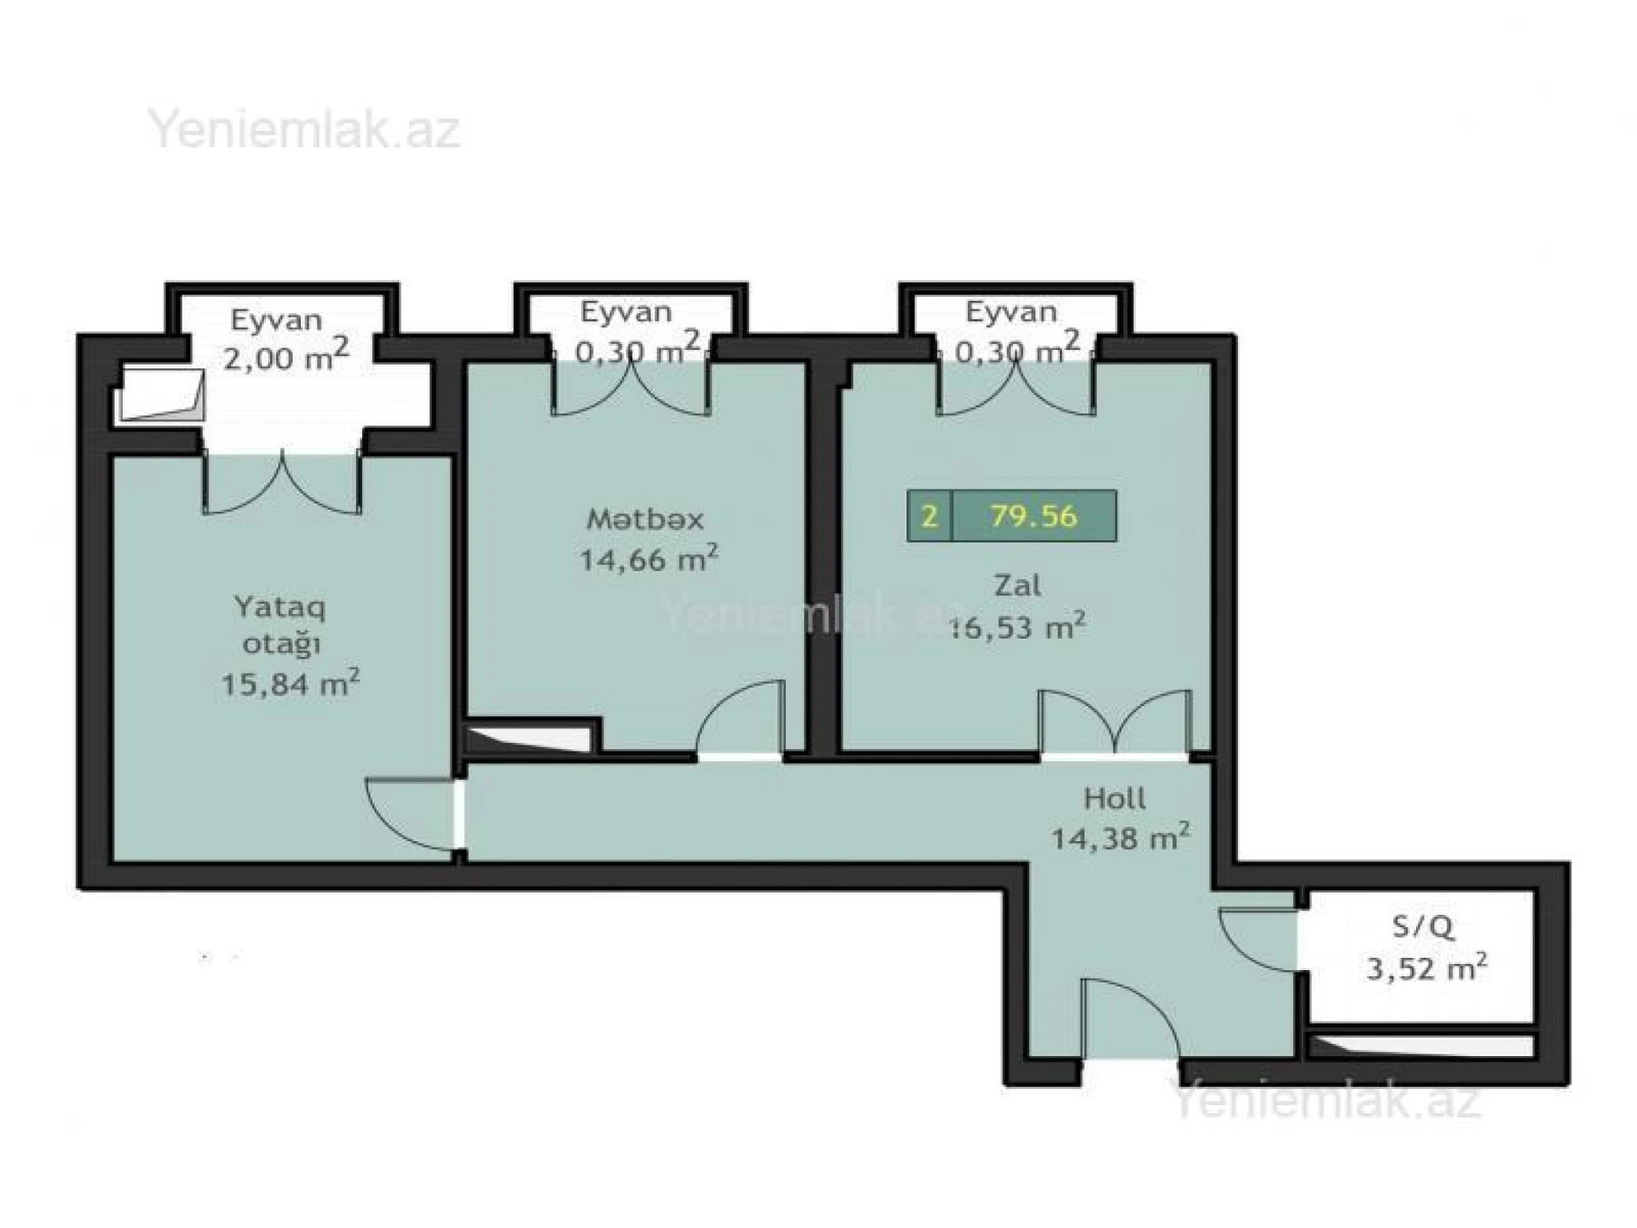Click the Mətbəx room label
[645, 520]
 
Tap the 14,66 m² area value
[648, 560]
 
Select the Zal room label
[1018, 586]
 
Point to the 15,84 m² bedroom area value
[290, 682]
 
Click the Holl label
[1114, 799]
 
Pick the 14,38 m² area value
[1120, 838]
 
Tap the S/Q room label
[1423, 928]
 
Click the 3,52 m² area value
[1427, 968]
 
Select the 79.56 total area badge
[1033, 516]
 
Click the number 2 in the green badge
[929, 516]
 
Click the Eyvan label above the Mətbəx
[625, 312]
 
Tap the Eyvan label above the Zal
[1011, 312]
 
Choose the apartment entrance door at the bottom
[1130, 1021]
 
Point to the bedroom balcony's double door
[282, 484]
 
